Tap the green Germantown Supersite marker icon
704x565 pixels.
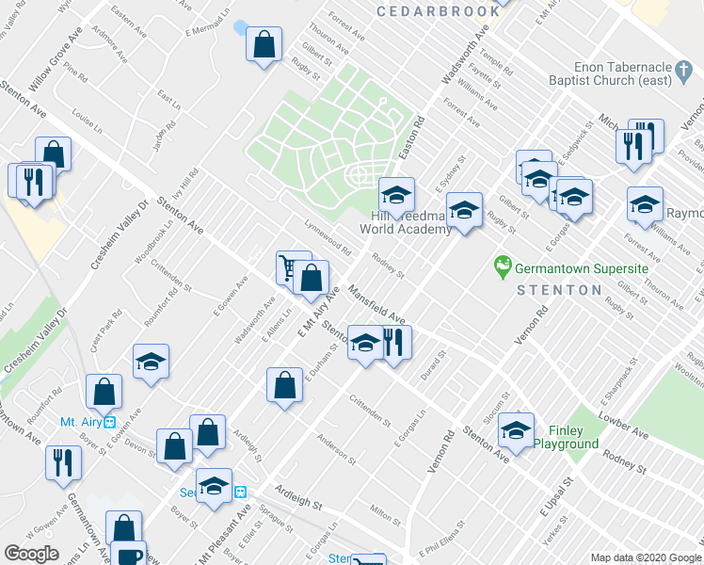tap(503, 267)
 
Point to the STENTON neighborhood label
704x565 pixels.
tap(559, 290)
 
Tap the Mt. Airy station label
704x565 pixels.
tap(81, 421)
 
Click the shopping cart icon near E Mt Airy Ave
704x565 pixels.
tap(289, 267)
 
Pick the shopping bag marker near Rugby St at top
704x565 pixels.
tap(264, 43)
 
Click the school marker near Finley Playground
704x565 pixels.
tap(516, 430)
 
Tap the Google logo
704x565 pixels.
tap(31, 554)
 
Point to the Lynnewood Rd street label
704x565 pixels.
tap(327, 239)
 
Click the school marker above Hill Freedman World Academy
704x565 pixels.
tap(397, 195)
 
